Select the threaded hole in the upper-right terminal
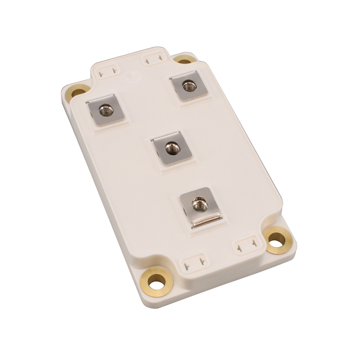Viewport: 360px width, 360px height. (188, 87)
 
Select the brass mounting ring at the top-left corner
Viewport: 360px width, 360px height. (78, 91)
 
